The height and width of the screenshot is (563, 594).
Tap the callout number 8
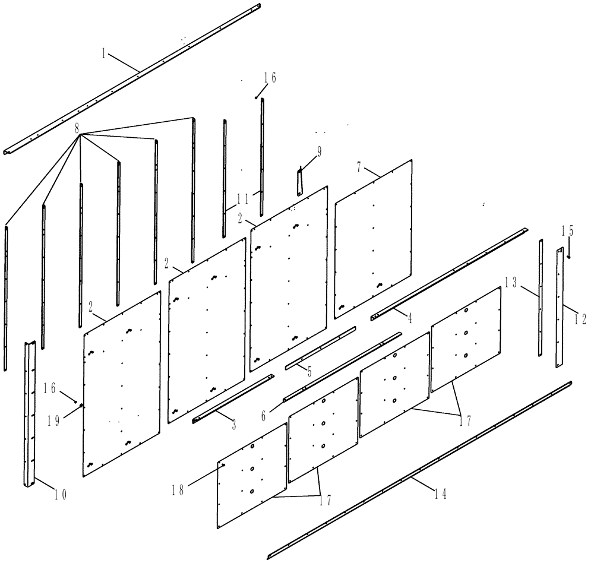pos(77,127)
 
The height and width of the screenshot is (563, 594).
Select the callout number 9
pos(319,153)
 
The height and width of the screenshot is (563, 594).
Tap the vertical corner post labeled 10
pos(30,416)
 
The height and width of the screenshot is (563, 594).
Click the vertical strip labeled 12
pos(560,309)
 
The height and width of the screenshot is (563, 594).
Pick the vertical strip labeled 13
pos(541,297)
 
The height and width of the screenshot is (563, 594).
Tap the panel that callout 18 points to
pos(252,475)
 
